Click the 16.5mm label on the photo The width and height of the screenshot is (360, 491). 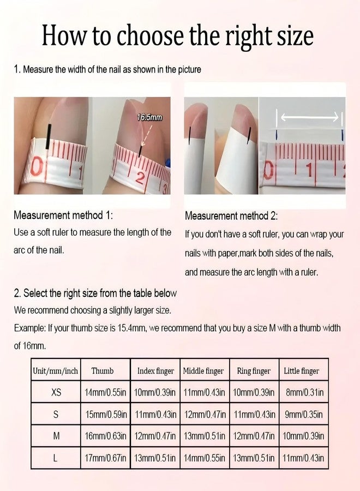click(x=150, y=118)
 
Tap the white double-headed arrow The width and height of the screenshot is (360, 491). click(x=310, y=117)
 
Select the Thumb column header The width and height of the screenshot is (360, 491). click(x=103, y=371)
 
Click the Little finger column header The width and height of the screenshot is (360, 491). click(x=302, y=371)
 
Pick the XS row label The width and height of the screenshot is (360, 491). click(x=56, y=392)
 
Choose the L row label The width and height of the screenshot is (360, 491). click(x=55, y=458)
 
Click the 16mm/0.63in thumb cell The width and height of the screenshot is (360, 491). click(x=105, y=436)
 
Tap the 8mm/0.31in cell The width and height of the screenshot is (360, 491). click(x=304, y=392)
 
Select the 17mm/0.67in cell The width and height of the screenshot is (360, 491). click(x=105, y=458)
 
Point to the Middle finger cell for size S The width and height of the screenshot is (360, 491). click(x=205, y=415)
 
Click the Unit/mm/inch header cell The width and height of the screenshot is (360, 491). click(x=56, y=371)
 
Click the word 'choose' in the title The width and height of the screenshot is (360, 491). click(x=150, y=35)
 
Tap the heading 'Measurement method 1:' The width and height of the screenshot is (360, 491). click(x=63, y=215)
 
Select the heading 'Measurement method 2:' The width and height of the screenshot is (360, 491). click(x=231, y=215)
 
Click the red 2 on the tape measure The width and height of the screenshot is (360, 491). click(x=141, y=178)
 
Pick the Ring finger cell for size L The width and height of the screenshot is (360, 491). click(x=254, y=458)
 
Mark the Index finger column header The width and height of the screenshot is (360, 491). click(x=155, y=371)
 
